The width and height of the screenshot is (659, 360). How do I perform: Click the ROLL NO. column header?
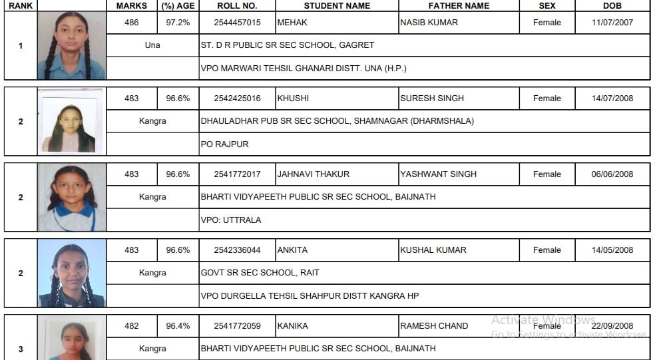[237, 6]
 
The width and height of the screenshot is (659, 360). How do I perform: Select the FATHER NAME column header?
[458, 6]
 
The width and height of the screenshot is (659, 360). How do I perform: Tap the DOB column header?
[612, 6]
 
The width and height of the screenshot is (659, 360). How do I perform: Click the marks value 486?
[132, 23]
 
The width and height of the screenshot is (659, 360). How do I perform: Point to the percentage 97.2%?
[178, 23]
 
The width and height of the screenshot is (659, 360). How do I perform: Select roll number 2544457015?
[237, 23]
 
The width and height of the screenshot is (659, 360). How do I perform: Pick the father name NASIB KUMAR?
[429, 23]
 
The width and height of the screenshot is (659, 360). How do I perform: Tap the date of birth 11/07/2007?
[612, 23]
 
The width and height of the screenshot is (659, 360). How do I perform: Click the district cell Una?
[152, 45]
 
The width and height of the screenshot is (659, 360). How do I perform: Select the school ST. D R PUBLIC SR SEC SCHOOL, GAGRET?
[288, 45]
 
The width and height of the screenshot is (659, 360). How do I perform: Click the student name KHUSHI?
[293, 98]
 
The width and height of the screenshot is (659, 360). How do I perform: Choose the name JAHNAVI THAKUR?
[313, 174]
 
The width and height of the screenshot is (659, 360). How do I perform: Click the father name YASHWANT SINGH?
[438, 174]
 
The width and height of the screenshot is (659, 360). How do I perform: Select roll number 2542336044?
[237, 250]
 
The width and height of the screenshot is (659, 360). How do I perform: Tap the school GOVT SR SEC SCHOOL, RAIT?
[260, 273]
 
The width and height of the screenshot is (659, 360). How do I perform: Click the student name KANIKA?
[292, 326]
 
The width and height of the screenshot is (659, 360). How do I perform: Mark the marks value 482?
[132, 326]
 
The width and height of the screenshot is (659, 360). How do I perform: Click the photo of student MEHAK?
[71, 45]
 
